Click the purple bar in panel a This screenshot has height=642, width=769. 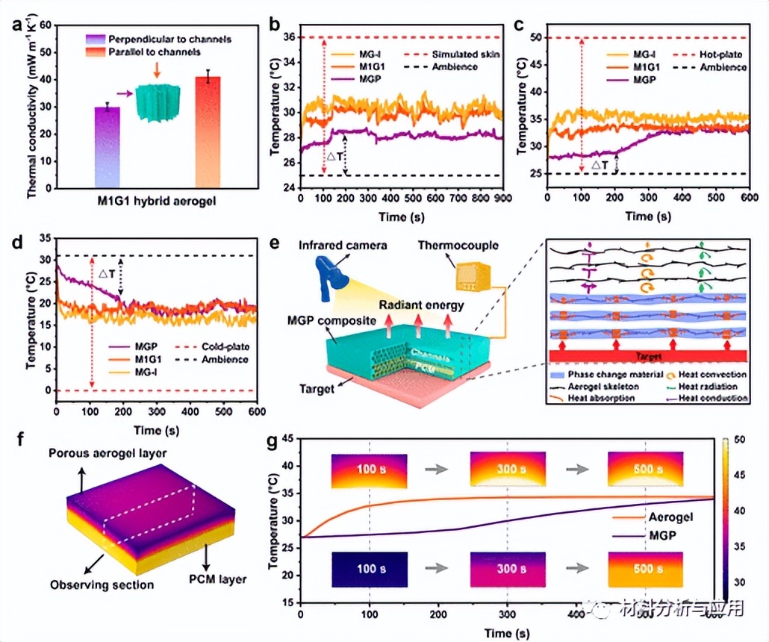pyautogui.click(x=108, y=146)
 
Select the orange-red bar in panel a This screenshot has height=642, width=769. pyautogui.click(x=208, y=131)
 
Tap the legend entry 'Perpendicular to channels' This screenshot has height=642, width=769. pyautogui.click(x=169, y=38)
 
